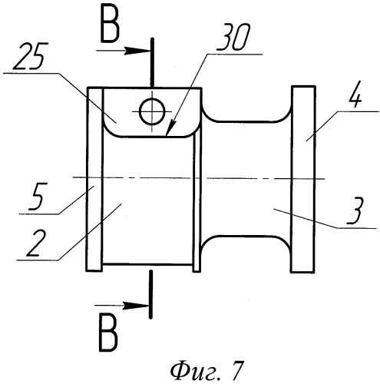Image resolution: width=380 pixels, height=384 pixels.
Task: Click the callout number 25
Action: tap(30, 56)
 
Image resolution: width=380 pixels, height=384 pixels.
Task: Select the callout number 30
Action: tap(233, 37)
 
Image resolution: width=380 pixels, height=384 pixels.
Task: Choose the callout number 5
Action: tap(38, 197)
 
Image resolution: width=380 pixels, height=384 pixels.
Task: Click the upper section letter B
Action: tap(111, 26)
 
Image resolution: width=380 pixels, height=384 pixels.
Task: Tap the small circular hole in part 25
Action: tap(152, 112)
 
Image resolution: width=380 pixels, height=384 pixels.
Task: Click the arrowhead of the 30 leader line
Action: tap(169, 130)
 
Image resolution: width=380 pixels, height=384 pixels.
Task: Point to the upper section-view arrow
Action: tap(123, 51)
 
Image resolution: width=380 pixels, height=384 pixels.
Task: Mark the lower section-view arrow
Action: tap(121, 306)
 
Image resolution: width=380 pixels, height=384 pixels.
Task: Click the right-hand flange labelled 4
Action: tap(303, 179)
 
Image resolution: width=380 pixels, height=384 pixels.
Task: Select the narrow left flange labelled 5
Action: tap(94, 179)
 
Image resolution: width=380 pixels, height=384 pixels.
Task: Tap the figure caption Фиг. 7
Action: tap(206, 371)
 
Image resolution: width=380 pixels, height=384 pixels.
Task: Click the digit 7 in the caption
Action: tap(235, 370)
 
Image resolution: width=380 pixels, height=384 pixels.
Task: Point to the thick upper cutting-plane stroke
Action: tap(152, 62)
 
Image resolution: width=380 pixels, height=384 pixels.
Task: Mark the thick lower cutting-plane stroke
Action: tap(151, 294)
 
